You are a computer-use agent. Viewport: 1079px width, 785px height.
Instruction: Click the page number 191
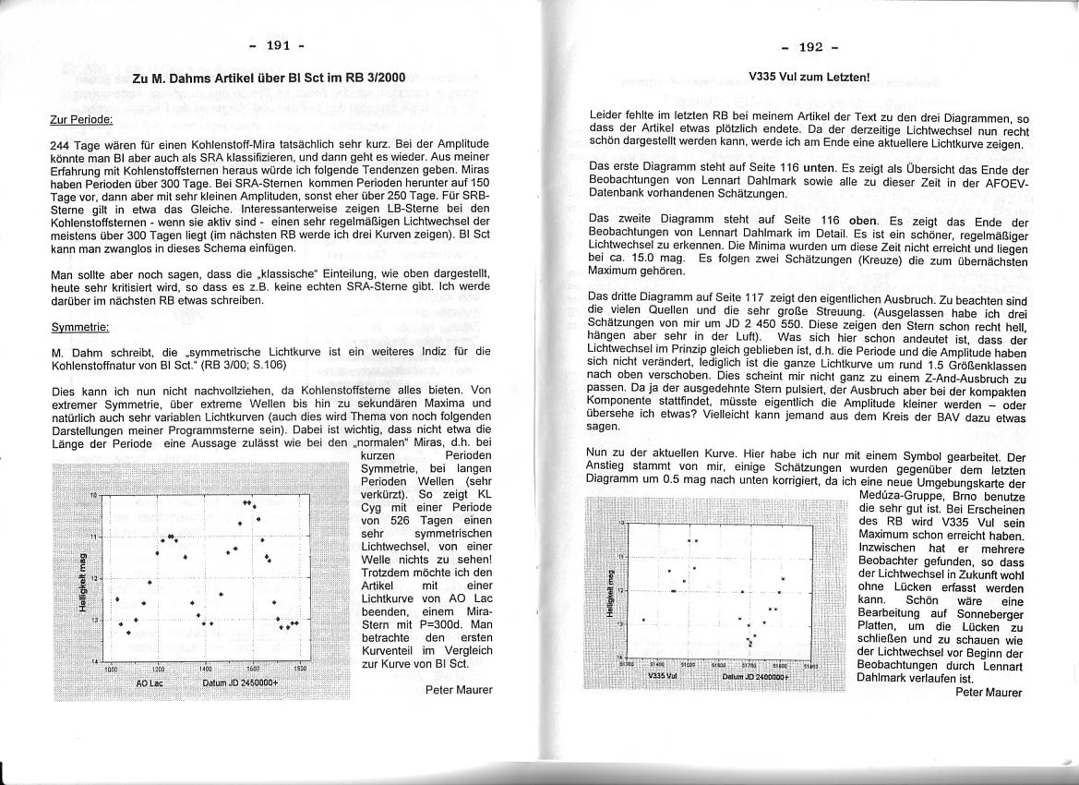pos(279,45)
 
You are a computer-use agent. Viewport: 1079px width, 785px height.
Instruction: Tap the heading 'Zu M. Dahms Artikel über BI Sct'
pos(269,78)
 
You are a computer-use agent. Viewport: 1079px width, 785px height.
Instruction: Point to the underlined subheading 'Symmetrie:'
pos(80,327)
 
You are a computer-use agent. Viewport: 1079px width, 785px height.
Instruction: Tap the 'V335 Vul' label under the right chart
pos(662,676)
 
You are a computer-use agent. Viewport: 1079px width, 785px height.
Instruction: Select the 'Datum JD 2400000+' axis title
pos(754,676)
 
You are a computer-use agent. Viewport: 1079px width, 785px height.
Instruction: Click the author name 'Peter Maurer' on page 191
pos(459,689)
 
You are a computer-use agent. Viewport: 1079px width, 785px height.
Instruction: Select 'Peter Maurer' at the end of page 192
pos(989,692)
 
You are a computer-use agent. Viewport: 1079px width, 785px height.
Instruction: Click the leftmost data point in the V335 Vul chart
pos(643,620)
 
